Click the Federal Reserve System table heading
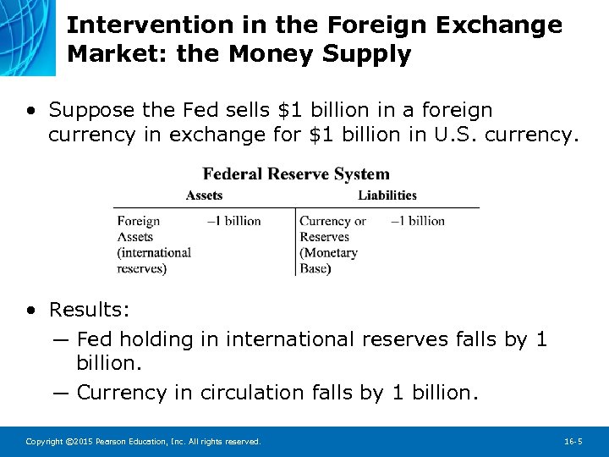[x=296, y=174]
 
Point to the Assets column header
[x=204, y=195]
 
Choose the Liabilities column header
[x=387, y=195]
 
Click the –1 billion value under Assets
[x=233, y=221]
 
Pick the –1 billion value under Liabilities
[x=418, y=221]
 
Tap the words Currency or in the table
[x=332, y=221]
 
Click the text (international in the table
[x=154, y=252]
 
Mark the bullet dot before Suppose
[x=31, y=111]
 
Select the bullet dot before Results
[x=31, y=311]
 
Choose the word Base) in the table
[x=315, y=268]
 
